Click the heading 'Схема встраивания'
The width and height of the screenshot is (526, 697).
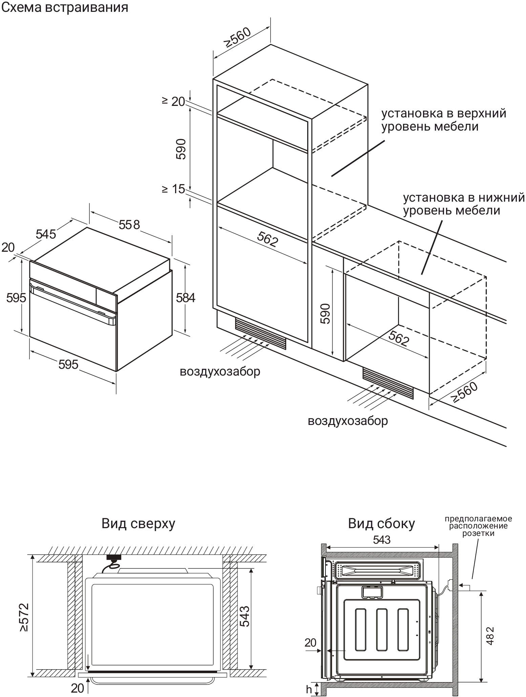[65, 7]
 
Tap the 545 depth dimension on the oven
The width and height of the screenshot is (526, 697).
[46, 234]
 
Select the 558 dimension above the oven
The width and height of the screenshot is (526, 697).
[129, 224]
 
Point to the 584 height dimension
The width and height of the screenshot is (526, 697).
[186, 298]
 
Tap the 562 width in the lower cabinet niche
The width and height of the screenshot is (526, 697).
[398, 338]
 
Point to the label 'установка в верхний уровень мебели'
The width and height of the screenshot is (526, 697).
[444, 120]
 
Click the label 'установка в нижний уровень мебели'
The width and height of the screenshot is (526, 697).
[463, 204]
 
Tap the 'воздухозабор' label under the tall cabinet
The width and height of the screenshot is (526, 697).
[220, 372]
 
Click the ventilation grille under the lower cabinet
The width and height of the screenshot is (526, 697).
[388, 382]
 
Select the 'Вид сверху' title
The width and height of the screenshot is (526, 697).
[138, 523]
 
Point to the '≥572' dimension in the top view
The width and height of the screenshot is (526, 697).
[24, 617]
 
